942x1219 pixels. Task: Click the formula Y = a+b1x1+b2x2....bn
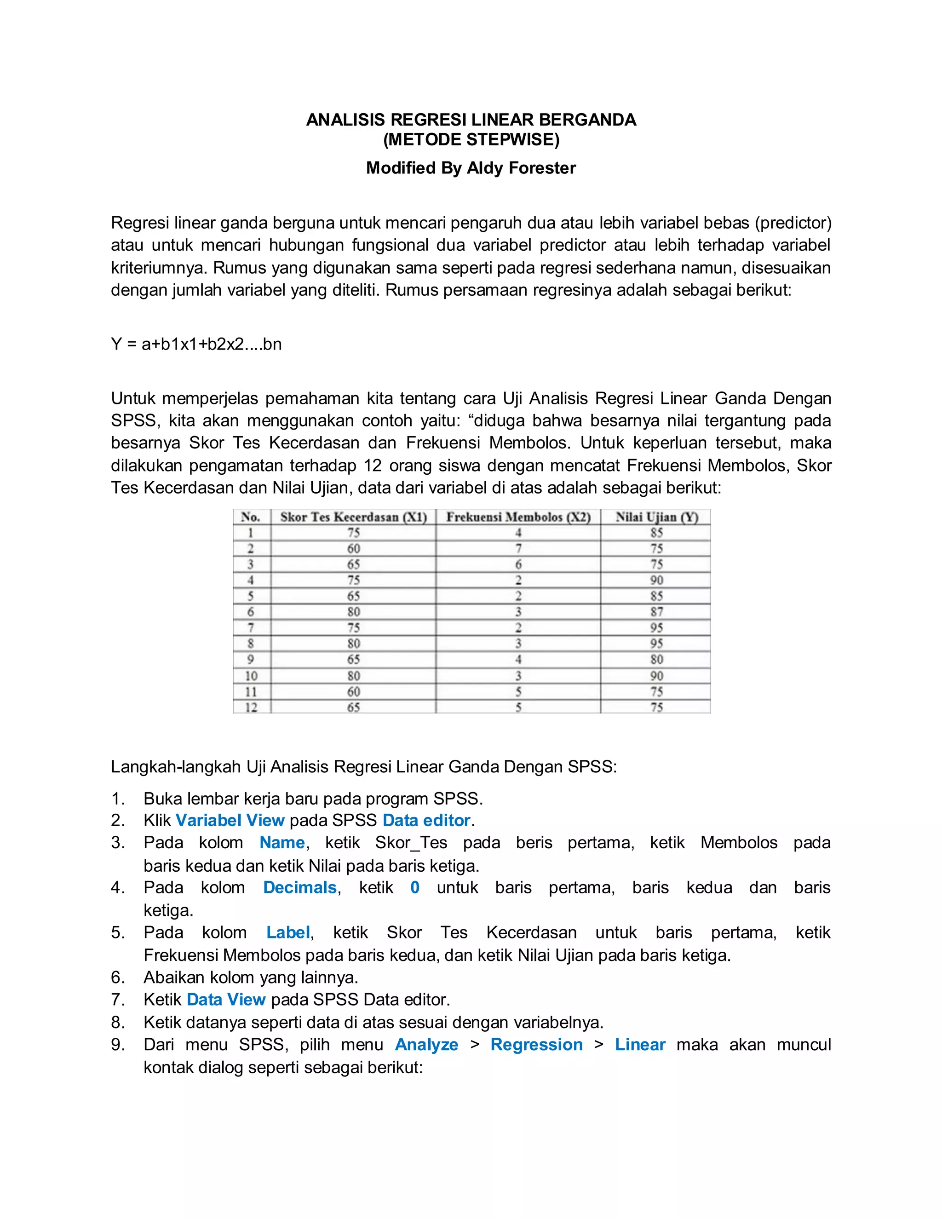[x=196, y=345]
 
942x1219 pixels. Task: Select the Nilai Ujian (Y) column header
[x=656, y=517]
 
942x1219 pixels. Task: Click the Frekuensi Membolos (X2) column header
[x=518, y=517]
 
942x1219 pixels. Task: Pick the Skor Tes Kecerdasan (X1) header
[x=353, y=517]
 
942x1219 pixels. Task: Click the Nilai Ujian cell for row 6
[x=656, y=612]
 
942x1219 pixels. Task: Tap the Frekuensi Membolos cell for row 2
[x=518, y=549]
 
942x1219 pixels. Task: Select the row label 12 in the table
[x=251, y=707]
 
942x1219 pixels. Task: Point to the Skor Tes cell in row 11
[x=353, y=691]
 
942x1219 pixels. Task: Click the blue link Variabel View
[x=230, y=821]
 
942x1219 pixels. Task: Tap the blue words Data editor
[x=427, y=821]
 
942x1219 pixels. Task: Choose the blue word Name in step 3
[x=282, y=843]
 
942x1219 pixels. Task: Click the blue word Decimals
[x=300, y=888]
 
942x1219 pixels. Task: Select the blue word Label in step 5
[x=288, y=933]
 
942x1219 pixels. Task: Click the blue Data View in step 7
[x=226, y=1000]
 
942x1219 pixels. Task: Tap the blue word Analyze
[x=426, y=1045]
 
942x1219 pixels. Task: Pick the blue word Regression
[x=536, y=1045]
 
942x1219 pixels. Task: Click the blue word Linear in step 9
[x=640, y=1045]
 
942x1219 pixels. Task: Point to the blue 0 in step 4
[x=414, y=888]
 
